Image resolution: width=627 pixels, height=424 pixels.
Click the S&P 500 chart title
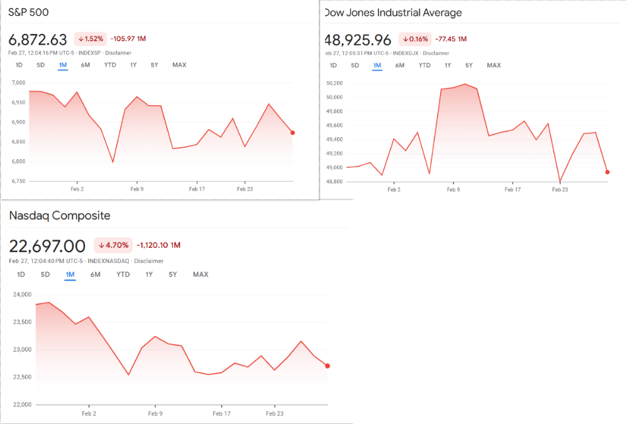click(x=29, y=12)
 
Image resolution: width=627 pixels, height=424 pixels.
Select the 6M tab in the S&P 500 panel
click(x=85, y=65)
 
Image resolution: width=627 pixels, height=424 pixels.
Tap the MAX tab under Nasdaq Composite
click(x=201, y=274)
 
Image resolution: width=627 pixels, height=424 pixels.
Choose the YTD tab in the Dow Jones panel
click(x=424, y=65)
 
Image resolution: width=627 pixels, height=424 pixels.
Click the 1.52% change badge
click(x=90, y=39)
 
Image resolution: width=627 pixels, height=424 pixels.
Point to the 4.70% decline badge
click(x=113, y=245)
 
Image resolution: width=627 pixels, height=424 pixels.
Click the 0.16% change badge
click(x=414, y=39)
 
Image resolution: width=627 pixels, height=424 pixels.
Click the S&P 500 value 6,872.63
click(x=38, y=40)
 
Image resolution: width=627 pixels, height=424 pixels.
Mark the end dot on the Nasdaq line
click(x=328, y=366)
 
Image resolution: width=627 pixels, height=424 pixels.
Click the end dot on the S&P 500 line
click(x=293, y=133)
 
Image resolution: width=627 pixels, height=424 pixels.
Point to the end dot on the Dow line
click(x=608, y=172)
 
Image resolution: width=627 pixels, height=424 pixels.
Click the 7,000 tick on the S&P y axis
click(x=18, y=83)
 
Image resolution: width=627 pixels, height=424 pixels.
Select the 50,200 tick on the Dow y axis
click(x=334, y=83)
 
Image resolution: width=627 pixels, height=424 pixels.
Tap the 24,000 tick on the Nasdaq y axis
click(x=22, y=294)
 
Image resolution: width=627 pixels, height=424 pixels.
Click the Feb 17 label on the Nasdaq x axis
click(x=221, y=413)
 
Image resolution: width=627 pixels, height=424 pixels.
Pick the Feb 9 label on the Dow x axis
click(x=453, y=189)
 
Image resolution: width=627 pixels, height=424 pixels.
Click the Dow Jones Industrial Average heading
click(x=393, y=13)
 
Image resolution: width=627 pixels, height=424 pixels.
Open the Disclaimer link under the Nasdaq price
click(x=149, y=261)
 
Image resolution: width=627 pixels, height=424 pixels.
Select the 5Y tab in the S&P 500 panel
click(x=154, y=65)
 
